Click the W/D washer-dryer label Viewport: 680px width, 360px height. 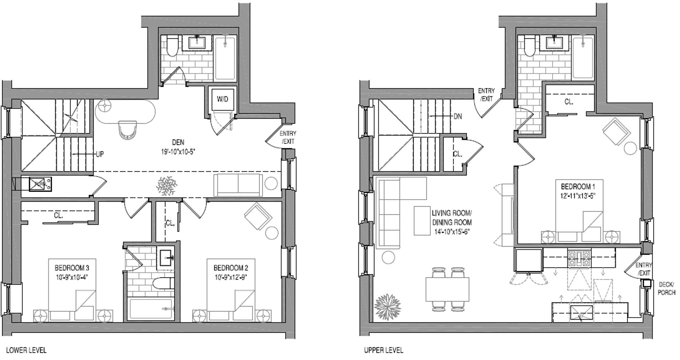tap(222, 99)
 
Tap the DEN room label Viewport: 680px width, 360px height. tap(178, 142)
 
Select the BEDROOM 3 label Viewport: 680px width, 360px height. tap(72, 268)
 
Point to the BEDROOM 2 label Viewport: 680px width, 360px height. tap(231, 268)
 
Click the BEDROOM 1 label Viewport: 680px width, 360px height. tap(578, 186)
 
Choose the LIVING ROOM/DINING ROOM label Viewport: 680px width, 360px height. tap(452, 218)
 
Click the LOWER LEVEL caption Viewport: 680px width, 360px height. tap(26, 350)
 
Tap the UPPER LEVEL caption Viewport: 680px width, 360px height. tap(384, 350)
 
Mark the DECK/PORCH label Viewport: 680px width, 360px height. tap(666, 288)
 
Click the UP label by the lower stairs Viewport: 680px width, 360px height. tap(100, 154)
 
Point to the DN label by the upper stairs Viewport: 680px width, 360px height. tap(458, 116)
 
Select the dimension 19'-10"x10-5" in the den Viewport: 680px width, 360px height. tap(178, 152)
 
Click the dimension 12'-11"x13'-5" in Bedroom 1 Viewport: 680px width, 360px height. tap(578, 196)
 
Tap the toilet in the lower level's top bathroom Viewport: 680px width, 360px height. tap(172, 47)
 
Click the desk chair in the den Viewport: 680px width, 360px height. tap(127, 130)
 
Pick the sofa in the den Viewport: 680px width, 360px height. tap(238, 185)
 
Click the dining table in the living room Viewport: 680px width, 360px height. tap(447, 289)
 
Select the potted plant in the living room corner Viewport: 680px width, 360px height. tap(387, 306)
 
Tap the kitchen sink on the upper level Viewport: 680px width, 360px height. tap(581, 313)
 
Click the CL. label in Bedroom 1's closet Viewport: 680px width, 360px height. tap(569, 102)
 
